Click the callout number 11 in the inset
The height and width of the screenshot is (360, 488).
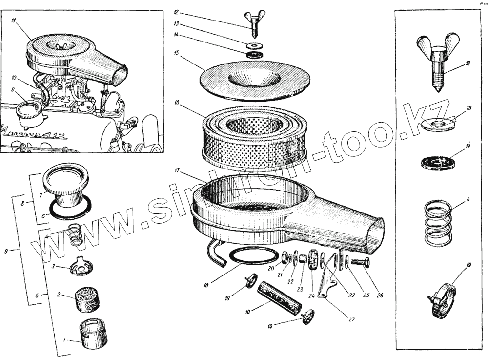pyautogui.click(x=15, y=21)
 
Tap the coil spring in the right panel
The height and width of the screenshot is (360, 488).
pyautogui.click(x=437, y=223)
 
